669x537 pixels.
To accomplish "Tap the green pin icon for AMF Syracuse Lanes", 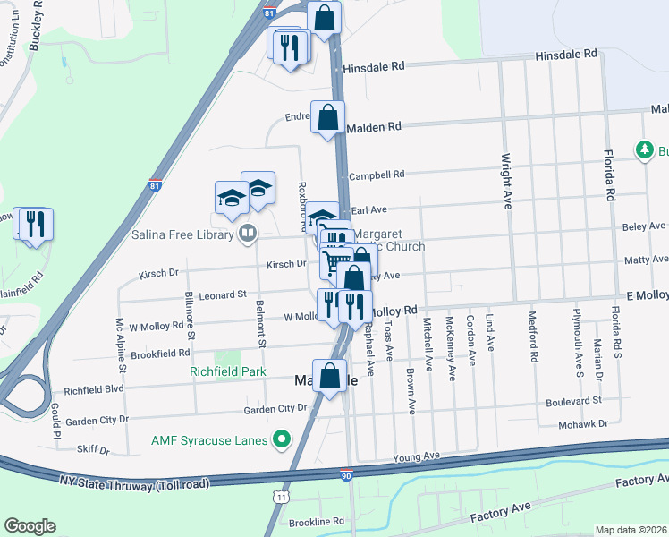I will (x=282, y=439).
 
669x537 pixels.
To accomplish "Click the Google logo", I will (x=30, y=525).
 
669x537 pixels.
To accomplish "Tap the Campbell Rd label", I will (x=377, y=175).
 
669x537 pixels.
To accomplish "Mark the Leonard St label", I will (x=222, y=294).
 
